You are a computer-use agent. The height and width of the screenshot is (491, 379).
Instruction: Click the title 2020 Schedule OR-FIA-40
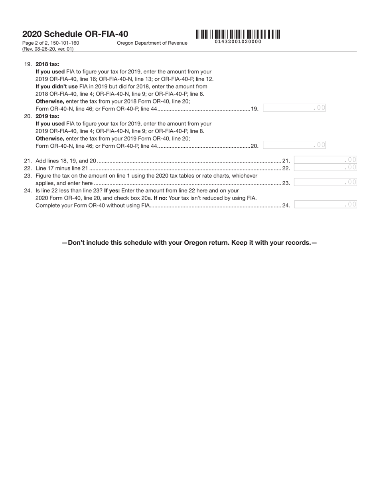tap(75, 34)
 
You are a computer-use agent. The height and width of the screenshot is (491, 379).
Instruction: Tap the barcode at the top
tap(238, 34)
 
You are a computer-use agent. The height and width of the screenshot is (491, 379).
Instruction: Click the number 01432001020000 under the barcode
tap(238, 42)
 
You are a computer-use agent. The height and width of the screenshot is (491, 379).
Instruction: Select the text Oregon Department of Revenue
tap(152, 43)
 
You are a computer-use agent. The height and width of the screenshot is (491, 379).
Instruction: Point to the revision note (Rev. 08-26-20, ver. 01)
tap(48, 49)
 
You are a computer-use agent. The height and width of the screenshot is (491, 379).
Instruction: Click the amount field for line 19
tap(294, 108)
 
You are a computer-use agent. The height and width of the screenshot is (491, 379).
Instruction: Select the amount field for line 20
tap(294, 145)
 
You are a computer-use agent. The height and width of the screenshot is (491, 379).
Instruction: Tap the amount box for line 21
tap(325, 160)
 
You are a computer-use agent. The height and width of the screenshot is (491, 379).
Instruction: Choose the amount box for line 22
tap(325, 168)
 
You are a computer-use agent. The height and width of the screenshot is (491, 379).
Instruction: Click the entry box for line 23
tap(325, 182)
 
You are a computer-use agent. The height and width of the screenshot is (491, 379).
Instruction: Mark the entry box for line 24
tap(325, 205)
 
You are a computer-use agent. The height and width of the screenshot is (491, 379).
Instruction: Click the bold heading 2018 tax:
tap(47, 64)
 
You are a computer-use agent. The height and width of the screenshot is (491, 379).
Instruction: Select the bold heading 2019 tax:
tap(47, 116)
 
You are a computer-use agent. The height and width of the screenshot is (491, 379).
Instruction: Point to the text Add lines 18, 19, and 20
tap(66, 161)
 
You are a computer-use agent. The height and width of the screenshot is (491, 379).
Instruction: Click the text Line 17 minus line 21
tap(61, 168)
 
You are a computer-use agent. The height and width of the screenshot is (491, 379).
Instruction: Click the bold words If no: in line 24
tap(160, 198)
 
